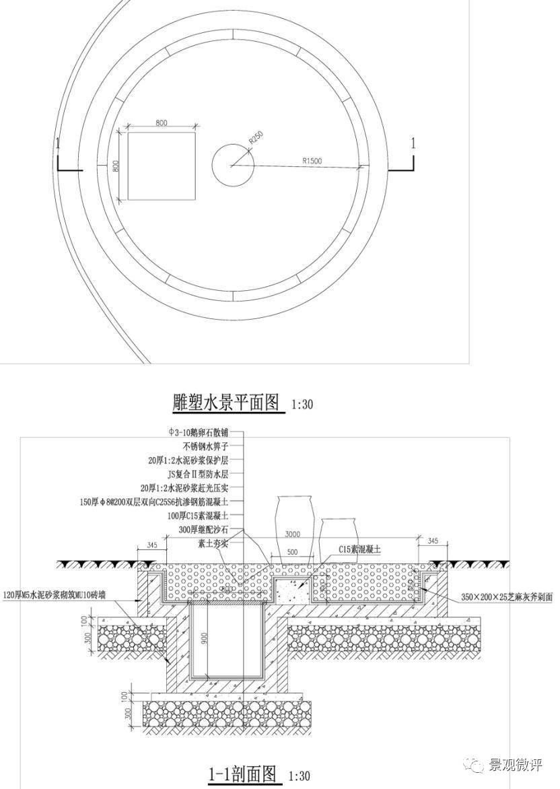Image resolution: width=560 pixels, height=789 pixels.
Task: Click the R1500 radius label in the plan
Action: pos(312,161)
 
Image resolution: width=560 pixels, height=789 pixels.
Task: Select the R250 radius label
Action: pos(256,137)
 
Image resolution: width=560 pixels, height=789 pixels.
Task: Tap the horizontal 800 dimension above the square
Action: pos(162,123)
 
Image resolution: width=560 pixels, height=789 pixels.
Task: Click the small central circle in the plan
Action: pos(233,164)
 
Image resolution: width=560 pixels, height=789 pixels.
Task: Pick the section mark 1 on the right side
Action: pos(413,143)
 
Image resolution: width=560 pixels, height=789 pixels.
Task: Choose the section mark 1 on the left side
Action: pos(59,143)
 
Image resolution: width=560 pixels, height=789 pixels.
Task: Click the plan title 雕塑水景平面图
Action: pos(225,403)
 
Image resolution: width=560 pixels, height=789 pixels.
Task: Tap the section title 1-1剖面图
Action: pos(242,775)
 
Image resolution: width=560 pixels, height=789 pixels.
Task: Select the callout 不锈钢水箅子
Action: pos(205,446)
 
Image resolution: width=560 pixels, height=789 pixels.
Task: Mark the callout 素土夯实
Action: pos(213,543)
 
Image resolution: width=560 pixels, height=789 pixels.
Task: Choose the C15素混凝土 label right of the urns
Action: pos(360,549)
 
